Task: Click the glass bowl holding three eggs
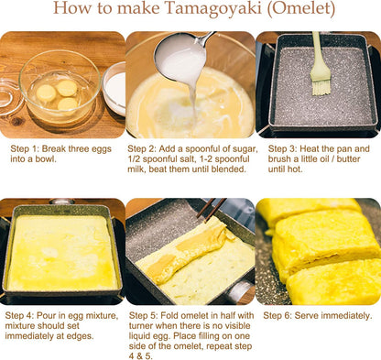pyautogui.click(x=60, y=87)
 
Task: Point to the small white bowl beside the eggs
pyautogui.click(x=115, y=87)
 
